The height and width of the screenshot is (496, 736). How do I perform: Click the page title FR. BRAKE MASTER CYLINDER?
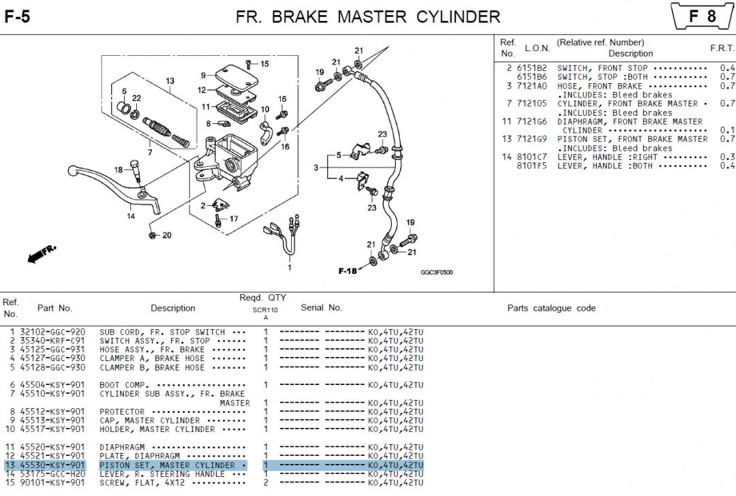367,16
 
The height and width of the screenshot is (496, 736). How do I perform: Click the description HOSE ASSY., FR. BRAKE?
152,350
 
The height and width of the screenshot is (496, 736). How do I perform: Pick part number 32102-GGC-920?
52,332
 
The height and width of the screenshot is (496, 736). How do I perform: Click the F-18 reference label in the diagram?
348,271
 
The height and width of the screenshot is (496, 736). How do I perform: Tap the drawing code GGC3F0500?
436,273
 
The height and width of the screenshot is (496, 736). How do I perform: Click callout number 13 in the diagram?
170,81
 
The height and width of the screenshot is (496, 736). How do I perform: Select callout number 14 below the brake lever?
131,217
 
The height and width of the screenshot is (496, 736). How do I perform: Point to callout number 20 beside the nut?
166,236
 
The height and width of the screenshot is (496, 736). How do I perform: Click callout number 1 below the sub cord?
289,267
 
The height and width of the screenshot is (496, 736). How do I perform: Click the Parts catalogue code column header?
551,308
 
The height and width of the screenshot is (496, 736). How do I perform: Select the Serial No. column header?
321,307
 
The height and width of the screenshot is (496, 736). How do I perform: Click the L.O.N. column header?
537,48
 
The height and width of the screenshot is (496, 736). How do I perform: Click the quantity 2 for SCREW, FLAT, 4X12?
266,483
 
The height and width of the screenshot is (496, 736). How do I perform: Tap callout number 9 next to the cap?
203,75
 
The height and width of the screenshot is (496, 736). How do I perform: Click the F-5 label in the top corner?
17,16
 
